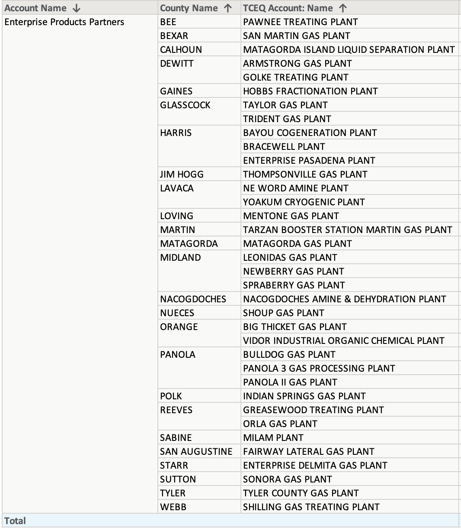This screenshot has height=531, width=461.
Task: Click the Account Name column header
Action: [x=35, y=8]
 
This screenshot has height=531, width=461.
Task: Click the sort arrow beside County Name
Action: [x=228, y=8]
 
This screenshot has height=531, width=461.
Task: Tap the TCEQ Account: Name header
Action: [x=288, y=8]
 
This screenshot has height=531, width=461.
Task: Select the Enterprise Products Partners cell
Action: [x=64, y=22]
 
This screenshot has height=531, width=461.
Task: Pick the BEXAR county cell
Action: [x=174, y=36]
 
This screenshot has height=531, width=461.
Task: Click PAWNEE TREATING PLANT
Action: [x=301, y=22]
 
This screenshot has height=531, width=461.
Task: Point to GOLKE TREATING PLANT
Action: [x=296, y=78]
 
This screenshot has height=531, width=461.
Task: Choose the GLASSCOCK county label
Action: [x=185, y=105]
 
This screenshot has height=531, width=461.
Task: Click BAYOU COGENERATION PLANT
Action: [x=310, y=133]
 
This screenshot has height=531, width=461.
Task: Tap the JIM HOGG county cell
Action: [x=182, y=175]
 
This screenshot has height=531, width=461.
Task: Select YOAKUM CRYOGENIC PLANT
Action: [x=304, y=202]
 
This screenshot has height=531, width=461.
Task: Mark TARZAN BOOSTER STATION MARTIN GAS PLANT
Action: [x=348, y=230]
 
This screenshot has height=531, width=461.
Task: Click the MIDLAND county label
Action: [x=180, y=258]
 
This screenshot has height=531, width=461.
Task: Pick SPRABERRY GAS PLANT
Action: [x=294, y=285]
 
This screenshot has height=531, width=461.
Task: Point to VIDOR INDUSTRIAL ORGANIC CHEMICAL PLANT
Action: [x=344, y=341]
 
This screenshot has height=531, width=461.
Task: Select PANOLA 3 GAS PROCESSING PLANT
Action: [x=319, y=369]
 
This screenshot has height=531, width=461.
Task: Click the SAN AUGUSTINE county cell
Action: [x=196, y=452]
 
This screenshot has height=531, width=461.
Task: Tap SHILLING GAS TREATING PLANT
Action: [x=311, y=507]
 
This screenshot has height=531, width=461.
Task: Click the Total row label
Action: [x=15, y=521]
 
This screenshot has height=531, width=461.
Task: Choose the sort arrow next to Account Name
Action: [x=77, y=8]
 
